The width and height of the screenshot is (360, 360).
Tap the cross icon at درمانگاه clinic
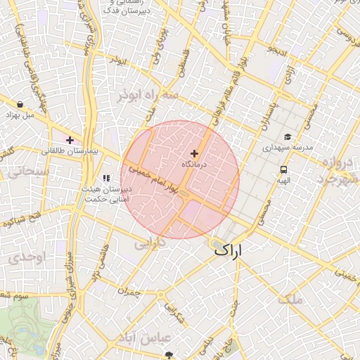point(195,153)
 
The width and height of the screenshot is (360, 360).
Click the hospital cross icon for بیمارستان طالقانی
point(70,140)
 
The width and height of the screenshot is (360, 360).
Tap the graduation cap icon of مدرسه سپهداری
point(287,137)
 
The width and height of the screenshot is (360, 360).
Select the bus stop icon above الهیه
point(283,169)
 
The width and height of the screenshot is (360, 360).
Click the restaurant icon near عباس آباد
point(167,337)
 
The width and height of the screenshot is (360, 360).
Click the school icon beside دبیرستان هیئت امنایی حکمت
point(106,179)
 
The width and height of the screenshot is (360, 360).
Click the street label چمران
point(129,292)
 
